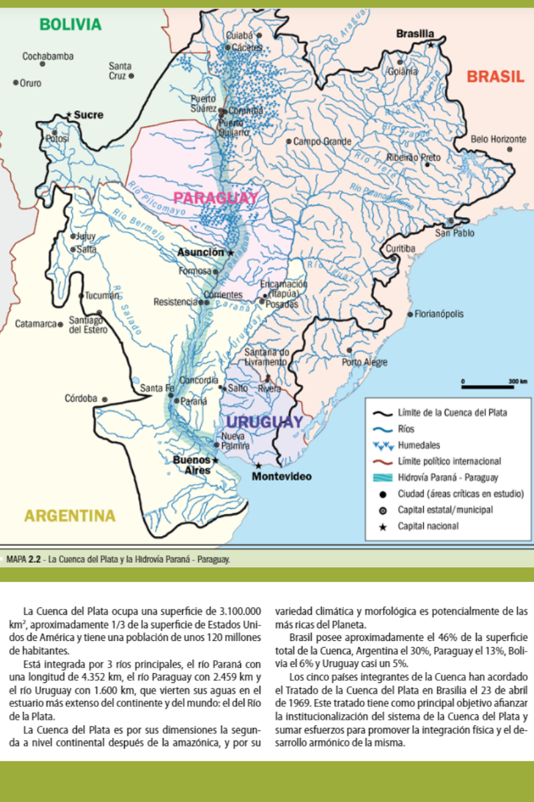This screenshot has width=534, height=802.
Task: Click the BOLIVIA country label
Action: pyautogui.click(x=70, y=25)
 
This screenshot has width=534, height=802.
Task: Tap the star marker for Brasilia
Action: pyautogui.click(x=432, y=45)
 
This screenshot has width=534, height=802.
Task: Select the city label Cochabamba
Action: pyautogui.click(x=48, y=56)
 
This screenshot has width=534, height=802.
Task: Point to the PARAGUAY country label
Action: pyautogui.click(x=216, y=198)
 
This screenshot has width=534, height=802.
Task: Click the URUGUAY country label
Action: pyautogui.click(x=264, y=422)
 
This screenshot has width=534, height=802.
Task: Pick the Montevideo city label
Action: pyautogui.click(x=282, y=477)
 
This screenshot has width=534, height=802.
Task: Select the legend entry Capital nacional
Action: pyautogui.click(x=427, y=526)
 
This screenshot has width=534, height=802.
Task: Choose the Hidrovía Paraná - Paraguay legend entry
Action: pyautogui.click(x=447, y=477)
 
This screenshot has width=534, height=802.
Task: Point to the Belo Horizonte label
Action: pyautogui.click(x=499, y=139)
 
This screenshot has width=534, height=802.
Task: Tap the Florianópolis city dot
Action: pyautogui.click(x=410, y=313)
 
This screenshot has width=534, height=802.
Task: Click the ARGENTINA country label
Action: pyautogui.click(x=69, y=516)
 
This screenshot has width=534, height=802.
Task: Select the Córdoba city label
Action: pyautogui.click(x=81, y=399)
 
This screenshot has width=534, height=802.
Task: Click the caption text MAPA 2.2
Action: pyautogui.click(x=24, y=557)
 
